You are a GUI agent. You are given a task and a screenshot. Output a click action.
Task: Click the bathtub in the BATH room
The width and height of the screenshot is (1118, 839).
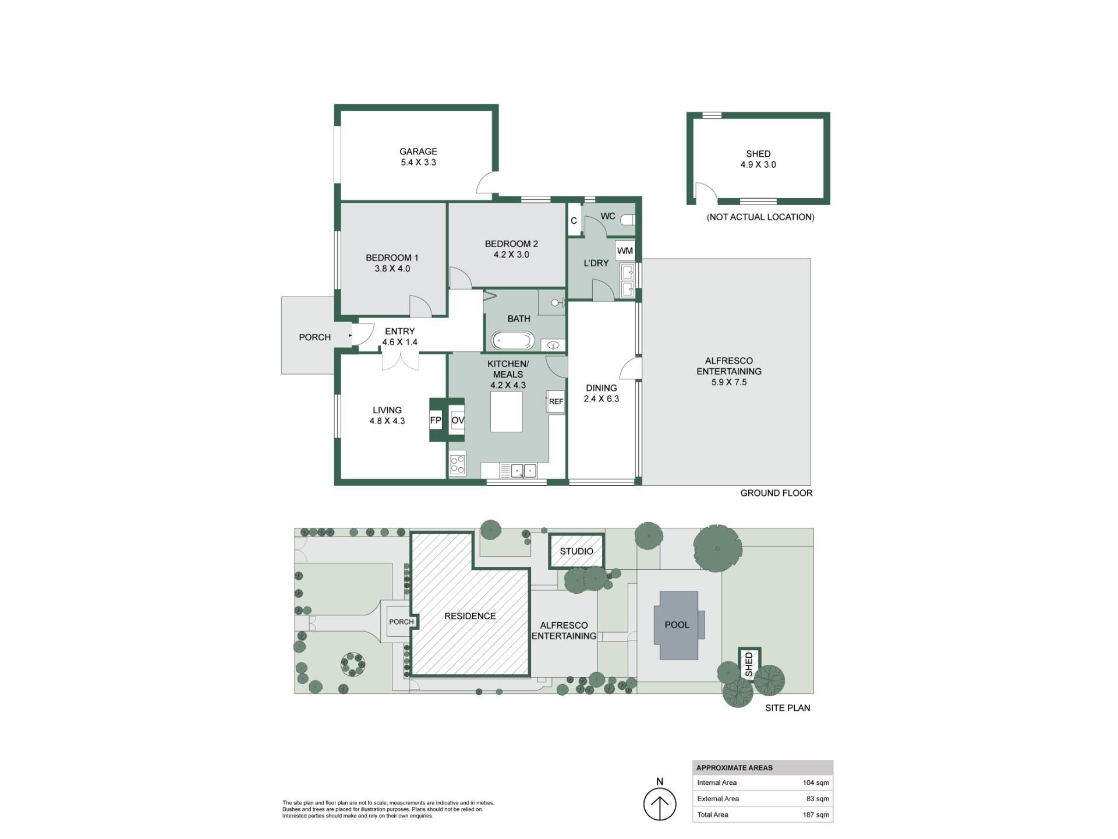click(x=512, y=340)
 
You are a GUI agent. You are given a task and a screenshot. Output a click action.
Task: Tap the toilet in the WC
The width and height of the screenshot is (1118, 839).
click(x=627, y=220)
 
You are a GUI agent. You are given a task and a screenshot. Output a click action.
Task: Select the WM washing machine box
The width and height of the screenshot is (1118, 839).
click(x=625, y=251)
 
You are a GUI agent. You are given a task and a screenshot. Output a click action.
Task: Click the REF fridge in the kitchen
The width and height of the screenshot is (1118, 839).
click(x=556, y=401)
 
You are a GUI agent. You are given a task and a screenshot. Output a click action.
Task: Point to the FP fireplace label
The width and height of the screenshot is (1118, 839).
click(x=436, y=420)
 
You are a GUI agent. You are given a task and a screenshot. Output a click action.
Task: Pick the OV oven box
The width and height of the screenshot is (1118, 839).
click(x=458, y=420)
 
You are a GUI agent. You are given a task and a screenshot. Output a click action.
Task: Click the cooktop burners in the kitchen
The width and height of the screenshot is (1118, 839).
click(x=458, y=464)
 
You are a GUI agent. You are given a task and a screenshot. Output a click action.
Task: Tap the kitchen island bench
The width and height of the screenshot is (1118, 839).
click(x=506, y=412)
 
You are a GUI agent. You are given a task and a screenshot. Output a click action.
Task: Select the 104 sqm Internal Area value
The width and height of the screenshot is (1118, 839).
click(x=816, y=782)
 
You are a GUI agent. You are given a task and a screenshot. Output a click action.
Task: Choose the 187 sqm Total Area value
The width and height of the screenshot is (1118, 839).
click(x=816, y=815)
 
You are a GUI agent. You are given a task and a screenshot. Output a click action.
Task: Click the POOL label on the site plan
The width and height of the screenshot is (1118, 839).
click(x=677, y=625)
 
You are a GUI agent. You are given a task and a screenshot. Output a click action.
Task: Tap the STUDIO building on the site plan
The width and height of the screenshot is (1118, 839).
click(x=576, y=551)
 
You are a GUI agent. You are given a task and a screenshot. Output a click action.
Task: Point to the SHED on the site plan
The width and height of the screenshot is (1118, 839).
click(x=749, y=664)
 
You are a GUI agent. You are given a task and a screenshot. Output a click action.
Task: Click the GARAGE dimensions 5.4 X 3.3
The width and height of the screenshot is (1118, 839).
click(x=418, y=163)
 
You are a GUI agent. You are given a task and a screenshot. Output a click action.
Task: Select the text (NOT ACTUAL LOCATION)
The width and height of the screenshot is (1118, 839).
click(x=760, y=217)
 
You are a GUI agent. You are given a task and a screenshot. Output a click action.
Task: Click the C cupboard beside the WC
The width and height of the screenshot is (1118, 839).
click(x=574, y=220)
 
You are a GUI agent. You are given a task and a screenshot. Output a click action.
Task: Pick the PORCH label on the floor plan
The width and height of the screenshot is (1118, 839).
click(x=314, y=337)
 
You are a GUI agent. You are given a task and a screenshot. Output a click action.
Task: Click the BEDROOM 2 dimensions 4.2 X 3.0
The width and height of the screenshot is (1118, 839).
click(x=511, y=255)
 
